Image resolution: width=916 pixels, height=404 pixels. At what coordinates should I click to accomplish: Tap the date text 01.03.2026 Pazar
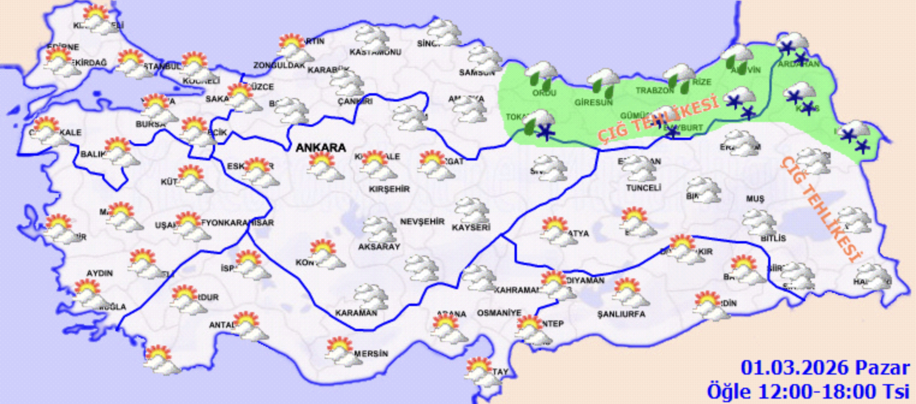(825, 368)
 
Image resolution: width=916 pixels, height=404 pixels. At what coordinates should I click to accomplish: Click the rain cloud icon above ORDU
(542, 75)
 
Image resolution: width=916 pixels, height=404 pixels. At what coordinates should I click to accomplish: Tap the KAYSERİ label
(471, 228)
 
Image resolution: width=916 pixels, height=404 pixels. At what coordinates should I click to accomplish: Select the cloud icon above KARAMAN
(371, 297)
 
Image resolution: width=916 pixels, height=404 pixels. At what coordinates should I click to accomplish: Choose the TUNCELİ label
(644, 188)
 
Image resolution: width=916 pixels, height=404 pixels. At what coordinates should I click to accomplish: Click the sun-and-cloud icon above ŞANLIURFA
(631, 292)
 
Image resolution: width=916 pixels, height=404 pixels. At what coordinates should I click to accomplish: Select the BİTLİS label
(773, 239)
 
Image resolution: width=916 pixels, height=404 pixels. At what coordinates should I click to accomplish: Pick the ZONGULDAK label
(279, 65)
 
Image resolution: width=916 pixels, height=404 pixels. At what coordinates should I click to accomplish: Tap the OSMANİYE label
(499, 313)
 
